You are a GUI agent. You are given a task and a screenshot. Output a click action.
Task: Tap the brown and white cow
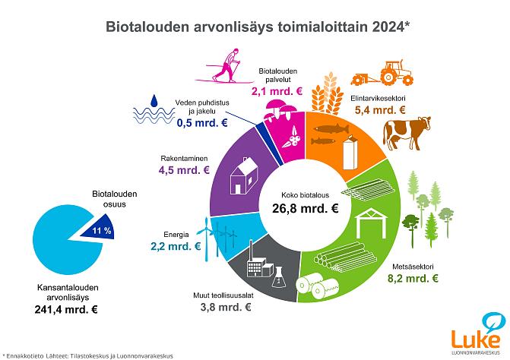(406, 132)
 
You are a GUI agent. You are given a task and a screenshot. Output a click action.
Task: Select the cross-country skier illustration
(226, 67)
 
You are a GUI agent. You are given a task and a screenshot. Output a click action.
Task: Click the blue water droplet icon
(155, 100)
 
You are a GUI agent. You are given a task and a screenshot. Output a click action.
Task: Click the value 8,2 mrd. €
(413, 278)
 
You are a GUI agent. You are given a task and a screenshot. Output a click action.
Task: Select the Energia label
(176, 235)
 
